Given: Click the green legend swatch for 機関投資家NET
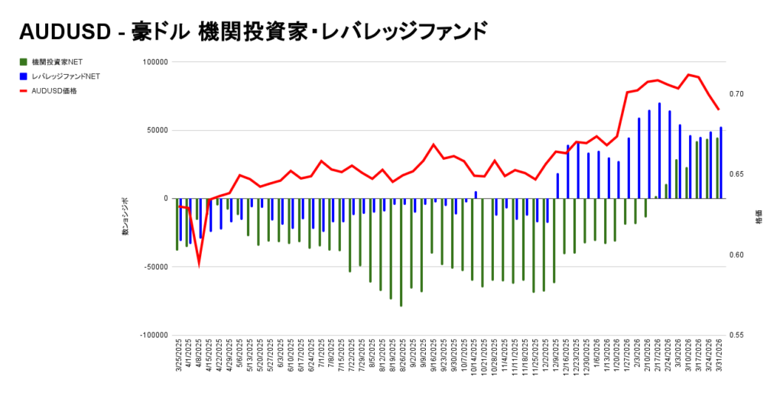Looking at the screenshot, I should click(x=24, y=61).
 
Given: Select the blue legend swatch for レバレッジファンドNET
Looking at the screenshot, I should click(x=24, y=76).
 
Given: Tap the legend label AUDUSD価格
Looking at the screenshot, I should click(x=54, y=90).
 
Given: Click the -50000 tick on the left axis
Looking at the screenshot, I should click(x=154, y=267).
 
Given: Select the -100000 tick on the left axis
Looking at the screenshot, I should click(x=153, y=335).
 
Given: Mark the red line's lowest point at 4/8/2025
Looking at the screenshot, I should click(x=199, y=264).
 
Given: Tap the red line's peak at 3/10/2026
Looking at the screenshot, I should click(x=689, y=74).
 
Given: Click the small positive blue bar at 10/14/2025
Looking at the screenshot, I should click(x=476, y=195).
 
